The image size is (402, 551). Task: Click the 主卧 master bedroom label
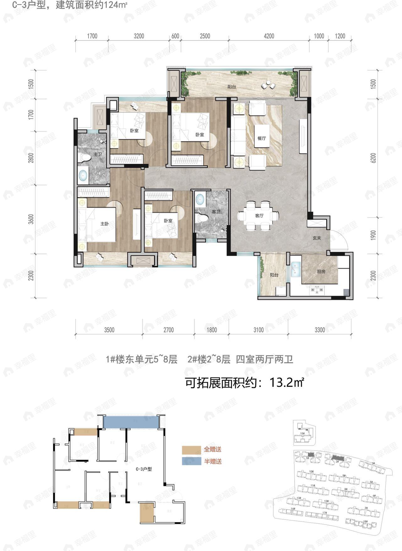(104, 224)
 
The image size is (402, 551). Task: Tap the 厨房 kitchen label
(321, 272)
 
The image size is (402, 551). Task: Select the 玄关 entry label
(317, 238)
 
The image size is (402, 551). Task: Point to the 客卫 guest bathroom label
(216, 212)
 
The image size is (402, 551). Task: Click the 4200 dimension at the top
(269, 36)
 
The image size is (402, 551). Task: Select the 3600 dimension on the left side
(30, 220)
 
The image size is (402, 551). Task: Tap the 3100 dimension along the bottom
(258, 330)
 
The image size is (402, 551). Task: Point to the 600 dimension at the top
(175, 36)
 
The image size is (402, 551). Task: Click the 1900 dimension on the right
(373, 235)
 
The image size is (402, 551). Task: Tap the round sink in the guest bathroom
(200, 198)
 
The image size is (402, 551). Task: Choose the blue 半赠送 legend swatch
(191, 461)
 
